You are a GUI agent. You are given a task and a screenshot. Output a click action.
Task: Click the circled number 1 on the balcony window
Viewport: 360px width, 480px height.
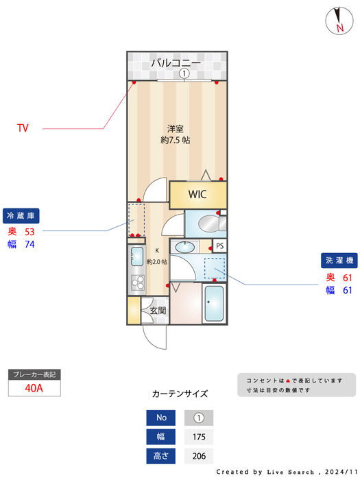click(184, 74)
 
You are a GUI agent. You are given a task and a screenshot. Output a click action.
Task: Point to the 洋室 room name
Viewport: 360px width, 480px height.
click(176, 128)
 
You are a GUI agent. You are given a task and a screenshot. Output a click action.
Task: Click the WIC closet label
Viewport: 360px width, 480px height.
click(197, 194)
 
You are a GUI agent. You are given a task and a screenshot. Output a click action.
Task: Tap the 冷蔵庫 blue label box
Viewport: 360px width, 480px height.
click(21, 216)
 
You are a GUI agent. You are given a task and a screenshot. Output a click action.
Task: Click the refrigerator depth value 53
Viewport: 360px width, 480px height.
click(29, 232)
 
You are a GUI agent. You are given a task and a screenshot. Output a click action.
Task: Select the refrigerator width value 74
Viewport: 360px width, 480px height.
click(29, 244)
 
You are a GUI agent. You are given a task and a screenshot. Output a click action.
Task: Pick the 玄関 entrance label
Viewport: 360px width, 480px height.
click(158, 311)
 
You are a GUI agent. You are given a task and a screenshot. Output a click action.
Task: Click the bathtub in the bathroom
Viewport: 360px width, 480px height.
click(215, 304)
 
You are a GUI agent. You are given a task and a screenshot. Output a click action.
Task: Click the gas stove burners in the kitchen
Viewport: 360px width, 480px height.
click(136, 282)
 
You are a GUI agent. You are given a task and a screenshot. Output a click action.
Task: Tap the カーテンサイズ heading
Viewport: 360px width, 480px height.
click(180, 394)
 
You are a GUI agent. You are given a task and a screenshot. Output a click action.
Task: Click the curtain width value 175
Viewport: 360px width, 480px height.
click(199, 437)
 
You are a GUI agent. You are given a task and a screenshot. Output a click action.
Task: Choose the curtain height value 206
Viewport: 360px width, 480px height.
click(199, 455)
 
